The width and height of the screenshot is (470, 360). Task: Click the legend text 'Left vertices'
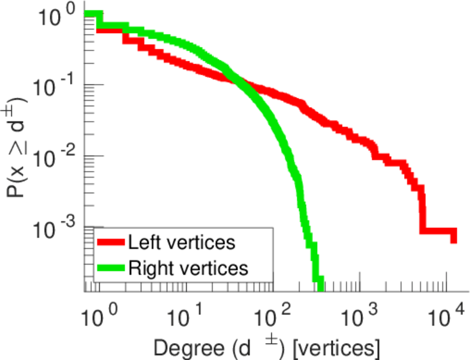[x=181, y=243]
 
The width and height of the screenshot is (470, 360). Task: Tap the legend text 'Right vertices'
[x=188, y=268]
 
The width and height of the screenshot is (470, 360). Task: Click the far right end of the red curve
[x=454, y=238]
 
